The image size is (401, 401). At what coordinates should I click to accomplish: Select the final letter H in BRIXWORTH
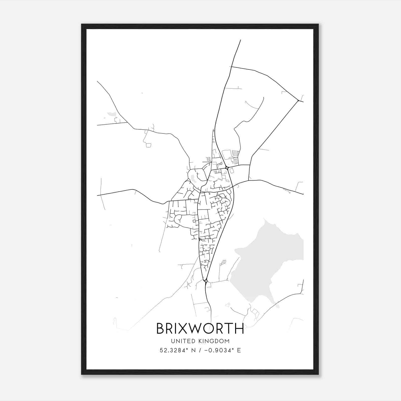(239, 329)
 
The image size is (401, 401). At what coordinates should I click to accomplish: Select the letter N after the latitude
(193, 350)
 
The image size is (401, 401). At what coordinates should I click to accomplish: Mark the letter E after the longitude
(239, 350)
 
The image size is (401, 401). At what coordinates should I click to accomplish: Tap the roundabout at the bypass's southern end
(206, 281)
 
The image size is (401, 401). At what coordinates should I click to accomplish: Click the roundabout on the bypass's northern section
(227, 168)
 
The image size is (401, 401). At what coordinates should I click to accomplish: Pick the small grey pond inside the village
(193, 178)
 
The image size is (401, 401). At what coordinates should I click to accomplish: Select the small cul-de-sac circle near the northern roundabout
(221, 163)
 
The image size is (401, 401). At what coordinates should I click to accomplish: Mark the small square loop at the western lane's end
(148, 145)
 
